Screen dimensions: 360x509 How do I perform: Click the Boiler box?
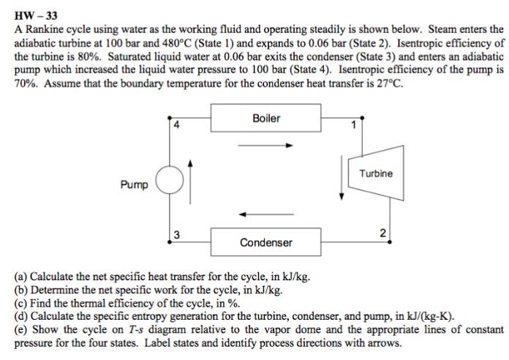click(265, 117)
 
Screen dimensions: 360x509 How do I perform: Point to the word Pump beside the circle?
click(135, 184)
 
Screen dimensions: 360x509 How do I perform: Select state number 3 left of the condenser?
click(176, 234)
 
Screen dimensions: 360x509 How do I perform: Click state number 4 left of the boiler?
click(176, 124)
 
